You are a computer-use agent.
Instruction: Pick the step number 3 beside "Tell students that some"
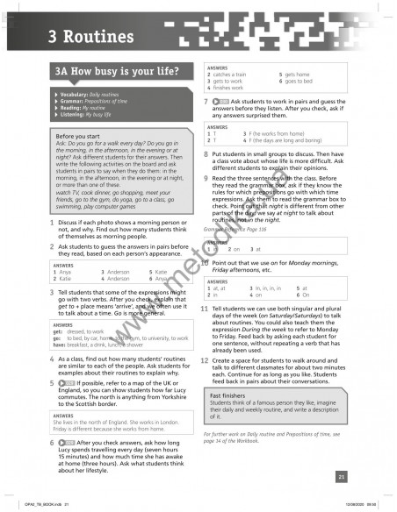53,291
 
